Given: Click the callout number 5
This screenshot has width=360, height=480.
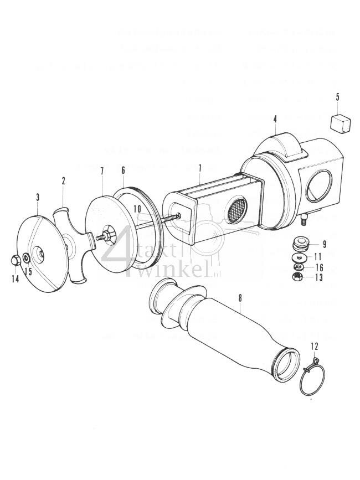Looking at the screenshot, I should pyautogui.click(x=337, y=96).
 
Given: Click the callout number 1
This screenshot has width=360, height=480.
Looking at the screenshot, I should pyautogui.click(x=200, y=167).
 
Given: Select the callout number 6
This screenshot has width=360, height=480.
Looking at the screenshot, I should pyautogui.click(x=122, y=171).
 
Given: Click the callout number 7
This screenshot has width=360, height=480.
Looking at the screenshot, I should pyautogui.click(x=102, y=170).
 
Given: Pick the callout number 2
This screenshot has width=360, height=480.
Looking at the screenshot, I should pyautogui.click(x=64, y=180).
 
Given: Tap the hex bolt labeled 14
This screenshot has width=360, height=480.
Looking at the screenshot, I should pyautogui.click(x=14, y=260).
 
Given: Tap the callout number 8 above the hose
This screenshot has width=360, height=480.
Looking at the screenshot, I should pyautogui.click(x=240, y=298).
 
